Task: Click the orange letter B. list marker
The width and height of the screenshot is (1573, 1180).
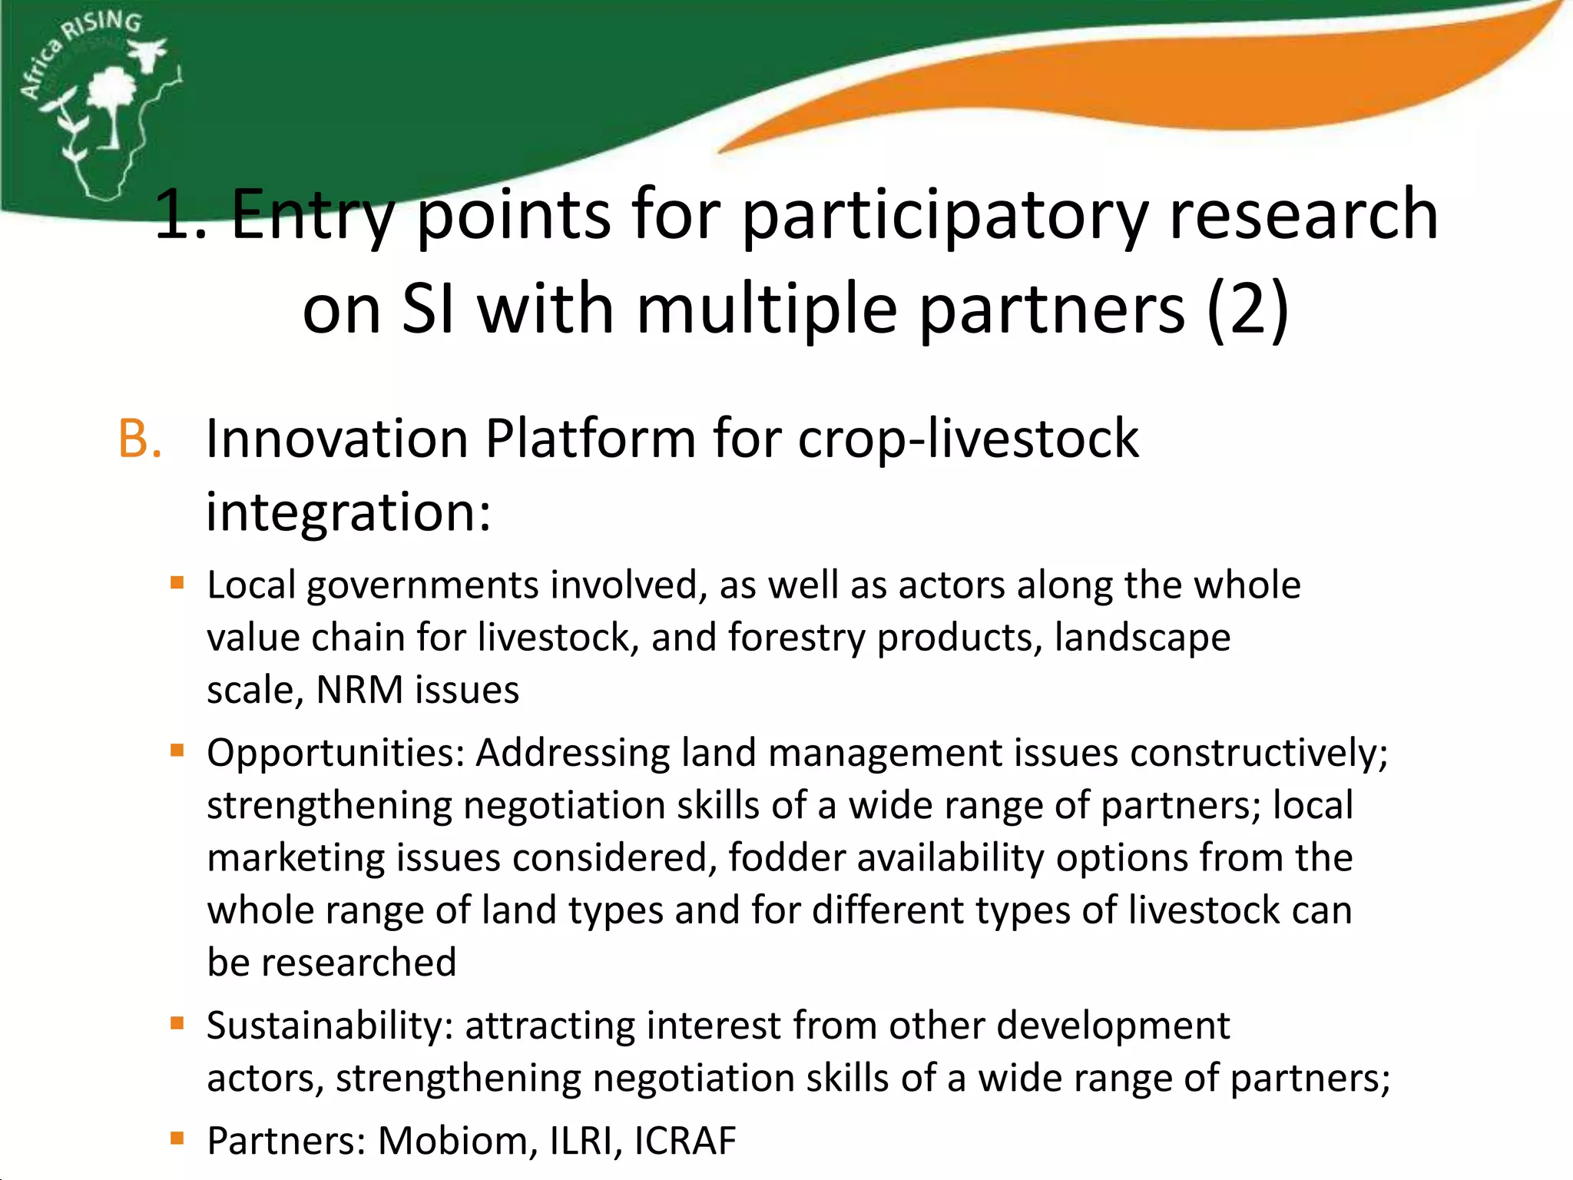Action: [x=140, y=439]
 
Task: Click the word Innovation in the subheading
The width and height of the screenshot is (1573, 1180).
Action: [x=337, y=439]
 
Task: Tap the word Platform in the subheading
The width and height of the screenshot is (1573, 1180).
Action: [x=590, y=439]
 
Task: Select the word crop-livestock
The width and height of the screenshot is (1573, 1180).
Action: [x=968, y=439]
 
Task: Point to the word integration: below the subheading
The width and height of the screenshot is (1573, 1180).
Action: [x=348, y=512]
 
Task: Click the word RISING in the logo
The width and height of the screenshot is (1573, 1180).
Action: [x=104, y=25]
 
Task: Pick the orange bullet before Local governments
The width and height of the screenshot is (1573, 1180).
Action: [x=177, y=583]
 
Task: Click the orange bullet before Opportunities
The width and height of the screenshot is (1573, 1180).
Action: [x=177, y=751]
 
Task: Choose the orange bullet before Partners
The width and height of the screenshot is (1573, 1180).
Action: [x=177, y=1139]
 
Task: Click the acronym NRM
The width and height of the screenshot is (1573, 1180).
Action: [x=359, y=690]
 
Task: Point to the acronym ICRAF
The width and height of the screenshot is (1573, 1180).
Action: [x=685, y=1141]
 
